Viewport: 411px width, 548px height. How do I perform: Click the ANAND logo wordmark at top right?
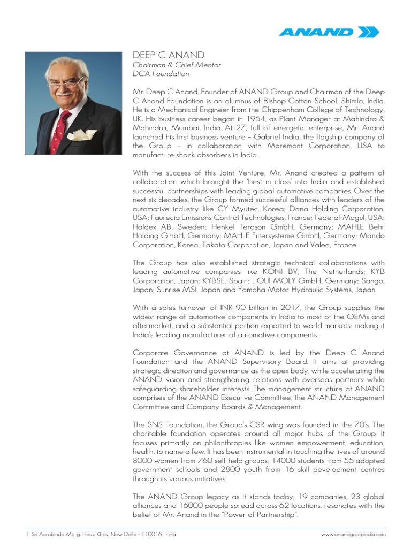pos(316,32)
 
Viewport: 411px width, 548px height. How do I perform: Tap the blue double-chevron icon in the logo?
pos(368,32)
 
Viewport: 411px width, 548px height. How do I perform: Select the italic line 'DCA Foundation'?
pos(161,74)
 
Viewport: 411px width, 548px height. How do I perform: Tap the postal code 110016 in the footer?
pos(142,534)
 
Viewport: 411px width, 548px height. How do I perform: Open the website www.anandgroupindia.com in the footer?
pos(353,534)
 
